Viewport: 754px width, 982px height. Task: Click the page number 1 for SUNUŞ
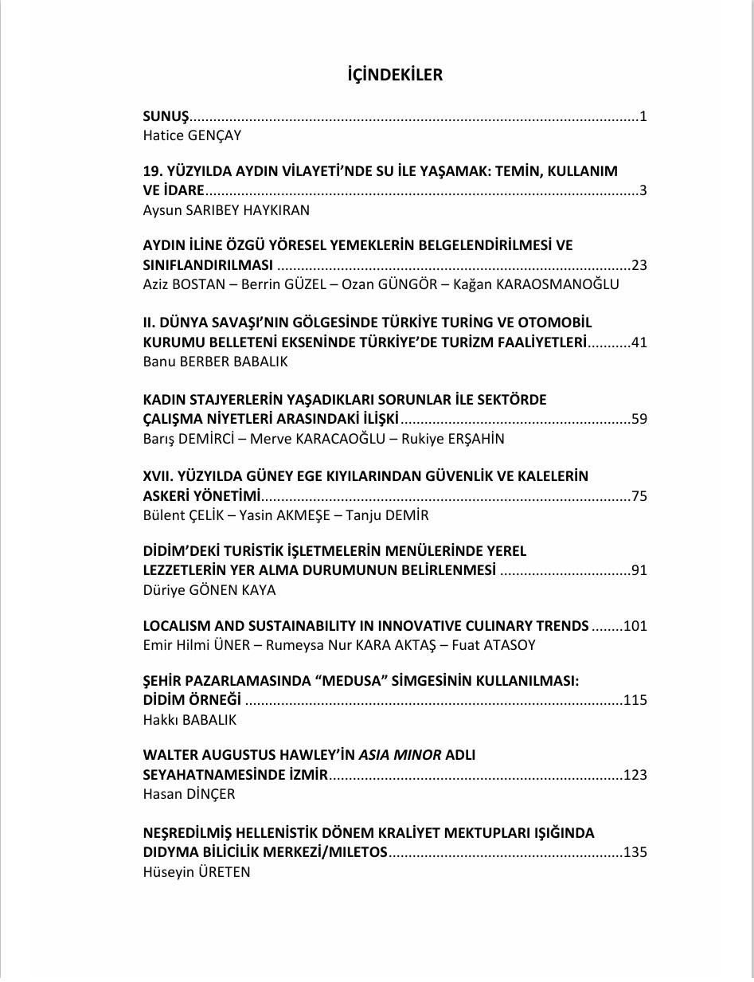(x=643, y=117)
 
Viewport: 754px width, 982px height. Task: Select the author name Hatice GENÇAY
(x=192, y=135)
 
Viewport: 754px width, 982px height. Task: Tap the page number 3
(x=643, y=191)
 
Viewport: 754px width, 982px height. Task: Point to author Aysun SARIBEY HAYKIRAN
(x=226, y=210)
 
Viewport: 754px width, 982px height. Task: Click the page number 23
(x=639, y=265)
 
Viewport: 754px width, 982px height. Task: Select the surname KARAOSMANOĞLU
(x=557, y=284)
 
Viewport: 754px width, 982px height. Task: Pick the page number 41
(x=639, y=342)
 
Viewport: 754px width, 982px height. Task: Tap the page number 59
(x=639, y=419)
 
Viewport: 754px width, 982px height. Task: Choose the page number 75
(x=639, y=496)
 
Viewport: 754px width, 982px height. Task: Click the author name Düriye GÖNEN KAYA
(x=209, y=590)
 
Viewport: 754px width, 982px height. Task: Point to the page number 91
(x=639, y=570)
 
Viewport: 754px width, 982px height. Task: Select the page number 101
(x=635, y=625)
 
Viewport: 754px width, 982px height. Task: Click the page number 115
(x=635, y=700)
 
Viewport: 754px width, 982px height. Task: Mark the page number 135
(x=635, y=852)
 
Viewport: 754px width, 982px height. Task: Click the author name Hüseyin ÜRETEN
(x=197, y=871)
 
